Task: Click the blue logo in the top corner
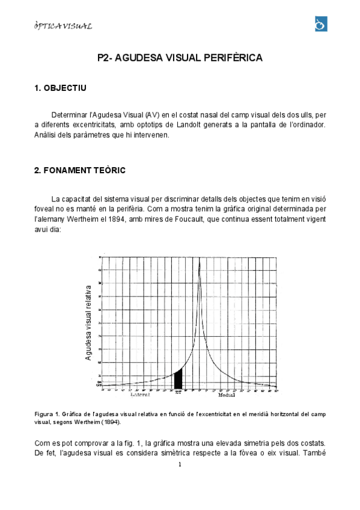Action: [x=320, y=24]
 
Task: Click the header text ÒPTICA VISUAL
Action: [x=63, y=26]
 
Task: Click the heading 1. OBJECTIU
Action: [x=60, y=88]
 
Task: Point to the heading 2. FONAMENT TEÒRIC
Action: [x=80, y=170]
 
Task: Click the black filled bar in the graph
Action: [x=178, y=379]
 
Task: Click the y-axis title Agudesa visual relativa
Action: [x=88, y=323]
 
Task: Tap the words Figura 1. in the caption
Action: [x=47, y=414]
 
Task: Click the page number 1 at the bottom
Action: [x=180, y=464]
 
